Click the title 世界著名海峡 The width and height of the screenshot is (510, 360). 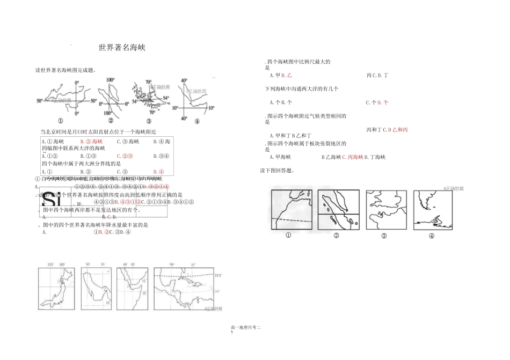[122, 48]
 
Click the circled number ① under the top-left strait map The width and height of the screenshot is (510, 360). [60, 121]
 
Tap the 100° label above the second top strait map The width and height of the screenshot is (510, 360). [110, 80]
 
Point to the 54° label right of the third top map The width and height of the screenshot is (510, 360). [166, 98]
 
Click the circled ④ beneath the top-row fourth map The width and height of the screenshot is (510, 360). [196, 121]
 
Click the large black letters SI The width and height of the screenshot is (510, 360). [50, 199]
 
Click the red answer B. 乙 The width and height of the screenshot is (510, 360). [286, 75]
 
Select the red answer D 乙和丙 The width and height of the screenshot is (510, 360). [398, 130]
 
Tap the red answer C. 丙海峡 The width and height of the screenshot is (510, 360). [353, 157]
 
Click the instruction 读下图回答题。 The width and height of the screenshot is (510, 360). [276, 171]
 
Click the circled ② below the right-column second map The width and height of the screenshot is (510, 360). [336, 236]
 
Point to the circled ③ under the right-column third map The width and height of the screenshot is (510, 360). [384, 236]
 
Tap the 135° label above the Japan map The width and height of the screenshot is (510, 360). [50, 265]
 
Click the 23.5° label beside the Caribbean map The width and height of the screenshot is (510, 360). [217, 275]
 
